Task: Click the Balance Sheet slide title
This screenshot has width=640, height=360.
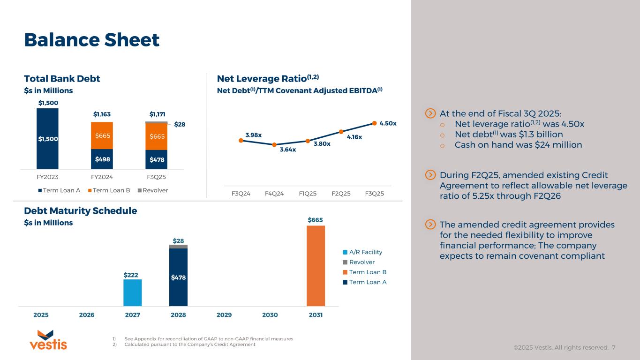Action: pyautogui.click(x=92, y=40)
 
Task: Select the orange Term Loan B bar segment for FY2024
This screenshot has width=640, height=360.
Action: pyautogui.click(x=102, y=135)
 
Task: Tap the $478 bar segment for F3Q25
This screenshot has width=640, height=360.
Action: pyautogui.click(x=156, y=159)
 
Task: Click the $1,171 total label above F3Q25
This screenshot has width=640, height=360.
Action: pyautogui.click(x=156, y=113)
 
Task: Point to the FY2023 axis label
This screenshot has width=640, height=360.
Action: pyautogui.click(x=47, y=177)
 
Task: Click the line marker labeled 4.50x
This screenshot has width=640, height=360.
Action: pyautogui.click(x=374, y=123)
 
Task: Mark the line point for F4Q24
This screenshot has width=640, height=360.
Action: pyautogui.click(x=274, y=145)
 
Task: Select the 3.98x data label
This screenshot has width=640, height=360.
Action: pyautogui.click(x=253, y=135)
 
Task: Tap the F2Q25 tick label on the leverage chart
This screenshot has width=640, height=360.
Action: pyautogui.click(x=341, y=194)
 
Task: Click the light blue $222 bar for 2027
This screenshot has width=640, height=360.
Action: pyautogui.click(x=133, y=292)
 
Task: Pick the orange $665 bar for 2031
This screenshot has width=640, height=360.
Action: pyautogui.click(x=316, y=265)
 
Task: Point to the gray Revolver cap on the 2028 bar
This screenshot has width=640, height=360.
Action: pyautogui.click(x=178, y=247)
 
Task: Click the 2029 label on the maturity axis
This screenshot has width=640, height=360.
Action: pyautogui.click(x=224, y=315)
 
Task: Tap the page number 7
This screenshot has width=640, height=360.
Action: pyautogui.click(x=614, y=348)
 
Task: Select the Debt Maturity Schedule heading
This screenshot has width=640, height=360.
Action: pyautogui.click(x=81, y=211)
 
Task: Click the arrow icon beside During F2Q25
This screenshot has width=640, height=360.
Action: pyautogui.click(x=430, y=175)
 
